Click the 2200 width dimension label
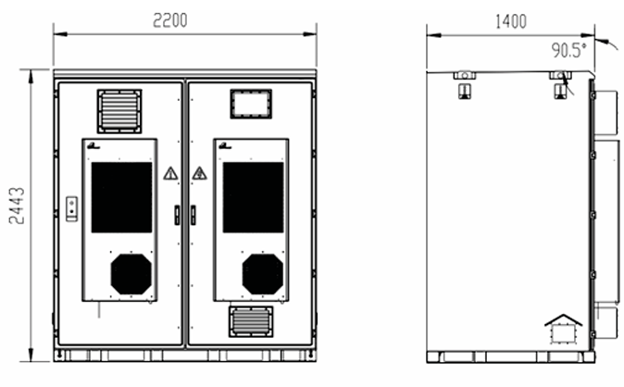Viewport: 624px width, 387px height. [x=170, y=20]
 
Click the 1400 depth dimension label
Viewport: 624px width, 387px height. [x=510, y=21]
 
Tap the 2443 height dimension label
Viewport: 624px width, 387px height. [x=17, y=206]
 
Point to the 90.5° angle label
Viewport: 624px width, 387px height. [x=568, y=50]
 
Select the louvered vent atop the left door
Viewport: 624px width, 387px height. [x=119, y=111]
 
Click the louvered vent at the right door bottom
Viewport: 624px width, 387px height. [x=251, y=321]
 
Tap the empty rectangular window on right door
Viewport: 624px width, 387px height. [x=251, y=104]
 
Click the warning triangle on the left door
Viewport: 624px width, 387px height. [x=170, y=173]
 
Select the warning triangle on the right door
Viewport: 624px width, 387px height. [x=199, y=173]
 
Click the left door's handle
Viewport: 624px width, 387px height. [x=177, y=215]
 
